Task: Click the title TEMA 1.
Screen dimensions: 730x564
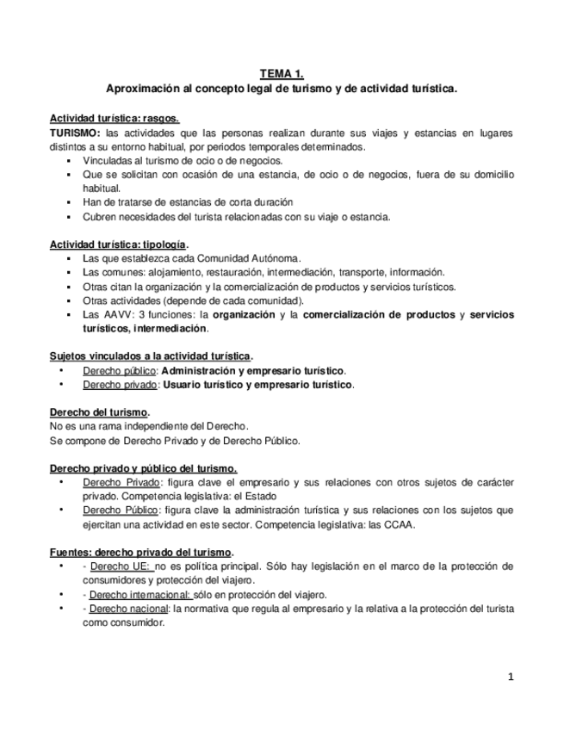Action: pos(282,75)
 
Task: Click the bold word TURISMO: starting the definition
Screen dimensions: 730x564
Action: pos(74,133)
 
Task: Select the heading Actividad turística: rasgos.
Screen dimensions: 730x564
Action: pos(114,118)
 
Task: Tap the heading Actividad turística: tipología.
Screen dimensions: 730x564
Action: pos(118,244)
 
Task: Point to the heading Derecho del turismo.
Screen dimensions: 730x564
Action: pos(100,412)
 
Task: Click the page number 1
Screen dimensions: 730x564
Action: pos(511,677)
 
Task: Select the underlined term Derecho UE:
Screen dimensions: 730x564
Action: pos(121,566)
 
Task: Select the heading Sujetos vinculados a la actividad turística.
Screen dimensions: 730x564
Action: pos(151,356)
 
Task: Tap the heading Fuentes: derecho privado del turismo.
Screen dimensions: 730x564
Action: pos(141,552)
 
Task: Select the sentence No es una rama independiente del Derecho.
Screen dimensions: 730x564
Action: pos(149,426)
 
